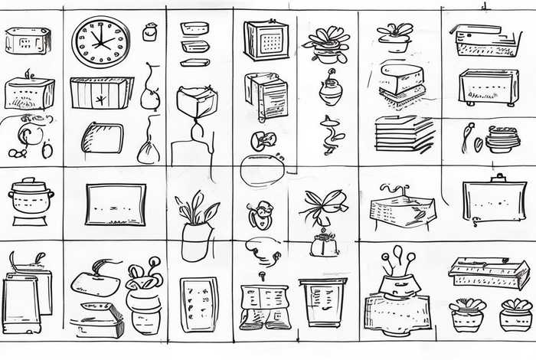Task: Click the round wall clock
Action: [x=100, y=41]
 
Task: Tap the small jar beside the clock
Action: [x=150, y=31]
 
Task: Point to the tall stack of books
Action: [x=404, y=134]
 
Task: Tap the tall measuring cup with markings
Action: [x=322, y=303]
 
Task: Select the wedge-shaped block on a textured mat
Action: [x=401, y=80]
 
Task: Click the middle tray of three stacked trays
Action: [x=195, y=45]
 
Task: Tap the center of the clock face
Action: [x=100, y=41]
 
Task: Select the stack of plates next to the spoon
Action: [x=502, y=139]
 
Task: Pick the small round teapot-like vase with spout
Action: [x=331, y=90]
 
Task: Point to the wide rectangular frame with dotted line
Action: [x=115, y=204]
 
